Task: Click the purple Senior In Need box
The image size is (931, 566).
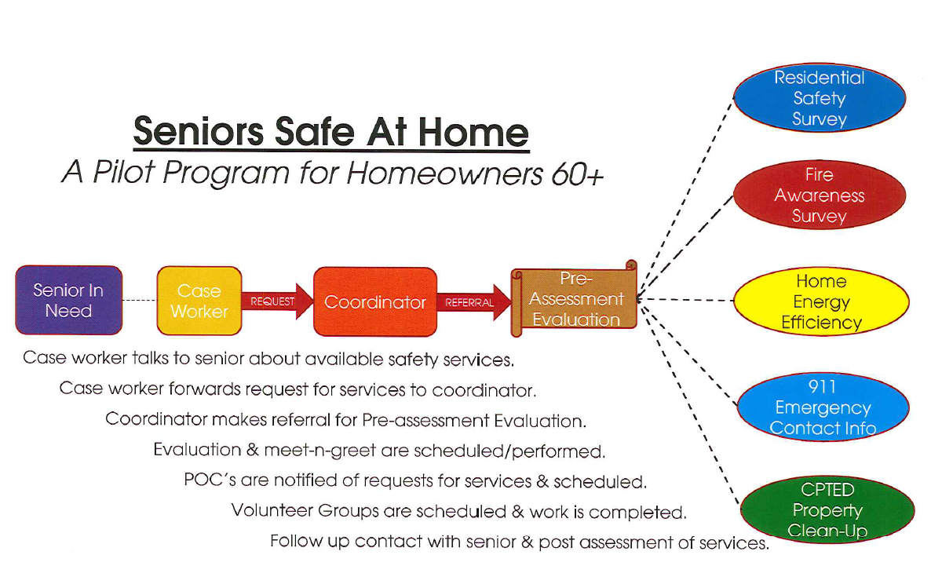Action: (69, 300)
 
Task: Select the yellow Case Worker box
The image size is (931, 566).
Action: (199, 301)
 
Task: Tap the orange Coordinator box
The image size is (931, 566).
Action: (375, 301)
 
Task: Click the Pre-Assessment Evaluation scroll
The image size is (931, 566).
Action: (574, 299)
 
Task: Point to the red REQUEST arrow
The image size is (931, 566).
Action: (277, 301)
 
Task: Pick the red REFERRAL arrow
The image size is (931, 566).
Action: (474, 302)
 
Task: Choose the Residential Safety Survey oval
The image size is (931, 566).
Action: (820, 98)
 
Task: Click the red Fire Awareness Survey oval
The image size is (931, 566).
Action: (820, 195)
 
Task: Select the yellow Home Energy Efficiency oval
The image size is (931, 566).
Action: (821, 301)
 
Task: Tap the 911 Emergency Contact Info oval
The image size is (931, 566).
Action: (823, 407)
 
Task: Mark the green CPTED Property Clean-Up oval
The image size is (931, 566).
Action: (827, 509)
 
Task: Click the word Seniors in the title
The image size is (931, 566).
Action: (199, 131)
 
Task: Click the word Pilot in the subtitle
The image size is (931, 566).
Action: (124, 173)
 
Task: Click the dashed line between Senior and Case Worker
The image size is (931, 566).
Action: (141, 301)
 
